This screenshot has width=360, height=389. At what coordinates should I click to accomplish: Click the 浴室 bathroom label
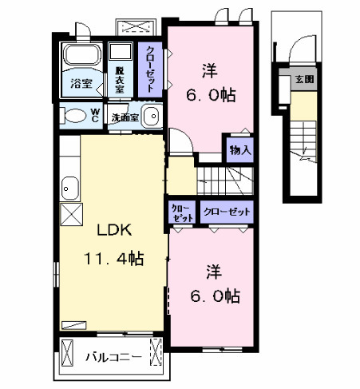click(x=81, y=83)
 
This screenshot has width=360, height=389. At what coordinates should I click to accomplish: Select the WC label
click(x=94, y=114)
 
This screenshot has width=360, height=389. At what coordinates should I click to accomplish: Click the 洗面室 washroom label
click(x=125, y=117)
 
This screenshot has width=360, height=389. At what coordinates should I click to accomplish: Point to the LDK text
click(x=114, y=230)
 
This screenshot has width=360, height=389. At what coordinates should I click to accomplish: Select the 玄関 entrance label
click(x=304, y=80)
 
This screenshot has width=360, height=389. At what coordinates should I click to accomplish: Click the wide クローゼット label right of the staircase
click(x=226, y=212)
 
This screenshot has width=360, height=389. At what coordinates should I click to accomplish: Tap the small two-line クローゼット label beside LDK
click(x=181, y=212)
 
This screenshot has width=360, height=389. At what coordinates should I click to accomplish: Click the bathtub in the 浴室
click(x=81, y=60)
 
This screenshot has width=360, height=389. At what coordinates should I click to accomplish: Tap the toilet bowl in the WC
click(x=74, y=116)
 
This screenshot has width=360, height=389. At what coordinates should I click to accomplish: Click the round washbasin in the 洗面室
click(x=152, y=114)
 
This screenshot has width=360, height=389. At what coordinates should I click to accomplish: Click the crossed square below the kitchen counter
click(x=70, y=214)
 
